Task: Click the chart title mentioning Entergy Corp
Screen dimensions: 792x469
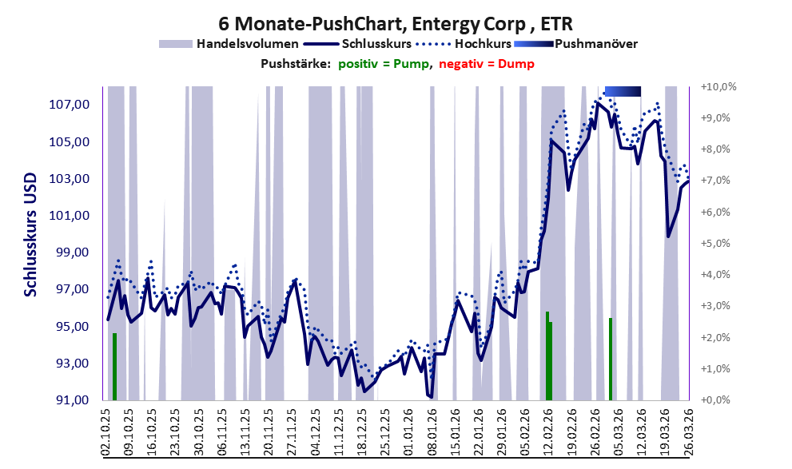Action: pos(396,23)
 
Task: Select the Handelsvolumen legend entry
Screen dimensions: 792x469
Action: pos(229,44)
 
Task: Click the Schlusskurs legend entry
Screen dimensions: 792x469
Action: pos(357,44)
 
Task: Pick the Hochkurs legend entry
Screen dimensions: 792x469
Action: pos(464,44)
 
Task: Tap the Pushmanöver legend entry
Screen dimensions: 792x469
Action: pos(575,44)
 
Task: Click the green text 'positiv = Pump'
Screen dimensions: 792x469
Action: pos(384,64)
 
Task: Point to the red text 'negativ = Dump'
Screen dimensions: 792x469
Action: pos(487,64)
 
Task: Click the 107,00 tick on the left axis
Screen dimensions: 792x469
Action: pos(70,105)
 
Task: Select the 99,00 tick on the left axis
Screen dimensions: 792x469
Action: pos(70,252)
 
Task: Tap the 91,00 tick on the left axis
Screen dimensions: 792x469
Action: pos(70,400)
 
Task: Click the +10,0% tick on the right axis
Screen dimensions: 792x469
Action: pos(718,87)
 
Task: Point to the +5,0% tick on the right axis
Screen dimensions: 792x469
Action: pos(715,244)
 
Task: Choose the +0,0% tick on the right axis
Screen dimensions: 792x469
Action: pos(715,399)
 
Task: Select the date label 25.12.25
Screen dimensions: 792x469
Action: pos(384,432)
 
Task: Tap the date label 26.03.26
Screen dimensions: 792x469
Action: pos(687,432)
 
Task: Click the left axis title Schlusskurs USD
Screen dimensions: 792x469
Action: pos(31,235)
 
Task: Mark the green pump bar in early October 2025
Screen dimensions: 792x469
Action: pos(114,367)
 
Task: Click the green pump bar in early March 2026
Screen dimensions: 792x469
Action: pos(611,359)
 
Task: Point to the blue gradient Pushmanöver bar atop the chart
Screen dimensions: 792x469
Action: pos(623,91)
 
